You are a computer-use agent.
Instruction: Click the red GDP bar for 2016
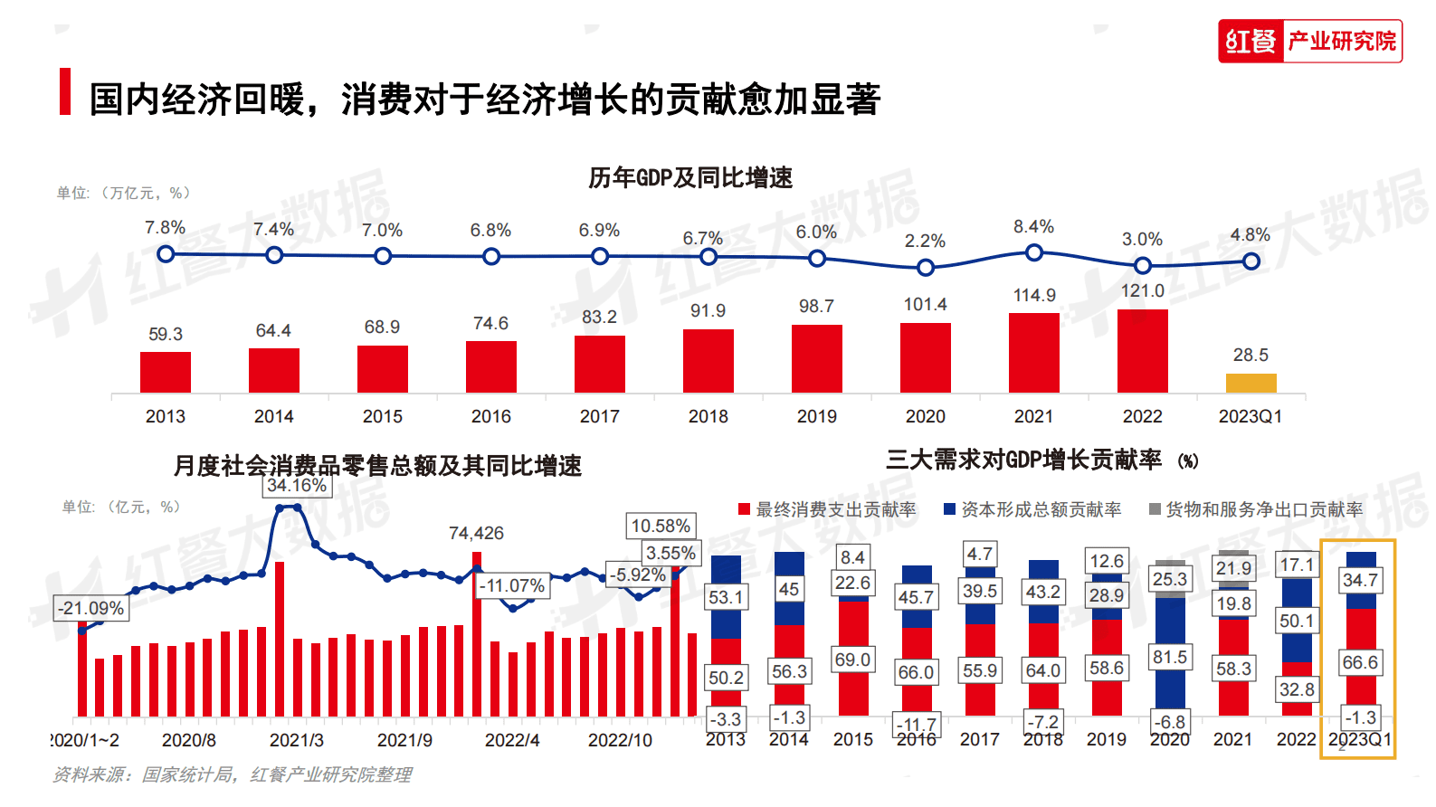pyautogui.click(x=490, y=366)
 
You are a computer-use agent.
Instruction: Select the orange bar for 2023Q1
pyautogui.click(x=1251, y=383)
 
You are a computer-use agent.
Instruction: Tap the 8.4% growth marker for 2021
pyautogui.click(x=1033, y=252)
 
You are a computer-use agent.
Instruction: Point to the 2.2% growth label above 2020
pyautogui.click(x=925, y=241)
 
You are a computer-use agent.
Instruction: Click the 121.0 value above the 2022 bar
pyautogui.click(x=1142, y=290)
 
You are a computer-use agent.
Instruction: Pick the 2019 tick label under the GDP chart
pyautogui.click(x=816, y=416)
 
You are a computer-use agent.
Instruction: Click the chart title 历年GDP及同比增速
pyautogui.click(x=689, y=177)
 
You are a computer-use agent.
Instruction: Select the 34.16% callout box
pyautogui.click(x=297, y=486)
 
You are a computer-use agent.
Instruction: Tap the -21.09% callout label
pyautogui.click(x=91, y=608)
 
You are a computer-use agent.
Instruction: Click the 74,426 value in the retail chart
pyautogui.click(x=476, y=534)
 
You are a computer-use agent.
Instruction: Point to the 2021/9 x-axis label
pyautogui.click(x=404, y=740)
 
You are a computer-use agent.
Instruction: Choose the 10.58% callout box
pyautogui.click(x=661, y=526)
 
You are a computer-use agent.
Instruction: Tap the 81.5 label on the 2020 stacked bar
pyautogui.click(x=1169, y=658)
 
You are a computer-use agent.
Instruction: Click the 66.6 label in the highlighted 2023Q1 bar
pyautogui.click(x=1359, y=662)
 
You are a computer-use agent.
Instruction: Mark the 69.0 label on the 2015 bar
pyautogui.click(x=852, y=660)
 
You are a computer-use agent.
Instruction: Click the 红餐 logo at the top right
pyautogui.click(x=1251, y=41)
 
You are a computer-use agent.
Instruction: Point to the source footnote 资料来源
pyautogui.click(x=232, y=774)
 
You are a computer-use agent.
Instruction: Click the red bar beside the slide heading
pyautogui.click(x=64, y=91)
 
